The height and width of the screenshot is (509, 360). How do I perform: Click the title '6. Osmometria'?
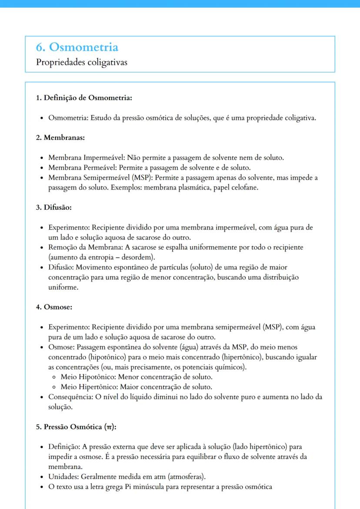[x=77, y=47]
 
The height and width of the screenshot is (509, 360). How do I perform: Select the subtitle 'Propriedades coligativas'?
[x=82, y=62]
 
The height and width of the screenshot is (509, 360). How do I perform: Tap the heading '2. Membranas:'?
[x=60, y=138]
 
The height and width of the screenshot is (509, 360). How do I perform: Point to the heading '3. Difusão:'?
[x=53, y=207]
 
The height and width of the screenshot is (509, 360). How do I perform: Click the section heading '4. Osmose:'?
[x=54, y=307]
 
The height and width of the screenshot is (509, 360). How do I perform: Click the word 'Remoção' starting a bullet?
[x=63, y=247]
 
